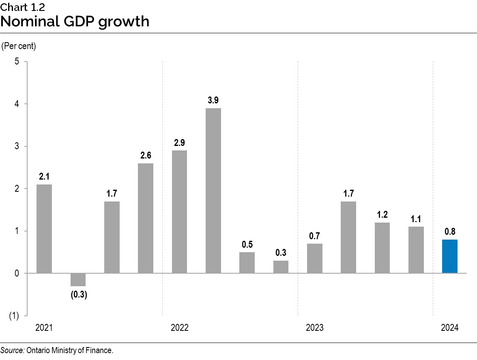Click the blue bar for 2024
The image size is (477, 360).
click(450, 256)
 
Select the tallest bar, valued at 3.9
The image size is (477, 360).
click(213, 191)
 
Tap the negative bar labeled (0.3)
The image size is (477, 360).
click(78, 280)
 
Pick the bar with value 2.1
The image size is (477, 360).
click(44, 229)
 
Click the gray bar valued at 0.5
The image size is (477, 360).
click(247, 263)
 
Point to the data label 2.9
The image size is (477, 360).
click(179, 142)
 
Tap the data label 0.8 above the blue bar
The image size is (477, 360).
click(450, 232)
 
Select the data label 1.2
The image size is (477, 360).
click(382, 215)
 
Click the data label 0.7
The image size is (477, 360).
click(315, 236)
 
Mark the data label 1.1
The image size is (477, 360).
click(416, 219)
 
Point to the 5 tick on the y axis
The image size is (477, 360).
click(17, 62)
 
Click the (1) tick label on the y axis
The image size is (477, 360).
click(14, 316)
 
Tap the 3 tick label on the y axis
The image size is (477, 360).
click(17, 146)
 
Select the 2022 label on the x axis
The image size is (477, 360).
click(179, 328)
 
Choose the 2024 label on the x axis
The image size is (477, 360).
click(450, 328)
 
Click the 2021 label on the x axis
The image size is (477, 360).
click(44, 328)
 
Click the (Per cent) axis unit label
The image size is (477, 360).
click(19, 46)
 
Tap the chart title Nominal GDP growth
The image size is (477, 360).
click(75, 21)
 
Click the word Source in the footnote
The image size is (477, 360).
click(12, 351)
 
